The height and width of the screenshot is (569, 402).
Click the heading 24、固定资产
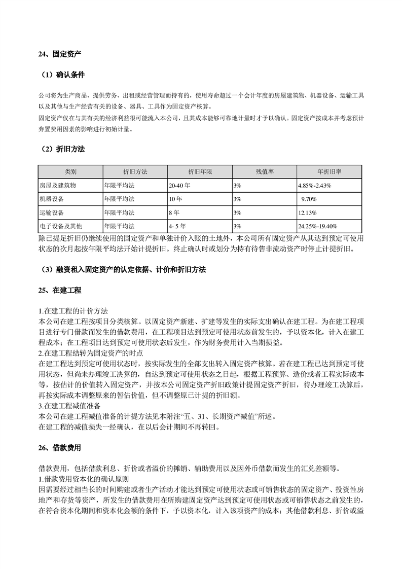(60, 54)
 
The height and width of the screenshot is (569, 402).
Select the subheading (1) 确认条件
(63, 75)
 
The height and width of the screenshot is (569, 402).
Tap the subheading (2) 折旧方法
(63, 150)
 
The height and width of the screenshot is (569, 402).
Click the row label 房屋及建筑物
(57, 186)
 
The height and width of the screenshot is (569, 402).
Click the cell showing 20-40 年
(180, 186)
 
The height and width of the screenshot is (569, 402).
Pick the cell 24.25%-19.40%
(318, 226)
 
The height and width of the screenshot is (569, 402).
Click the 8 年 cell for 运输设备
(174, 212)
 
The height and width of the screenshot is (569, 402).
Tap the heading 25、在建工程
(60, 291)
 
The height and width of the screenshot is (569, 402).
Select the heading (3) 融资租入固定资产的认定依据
(122, 269)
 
